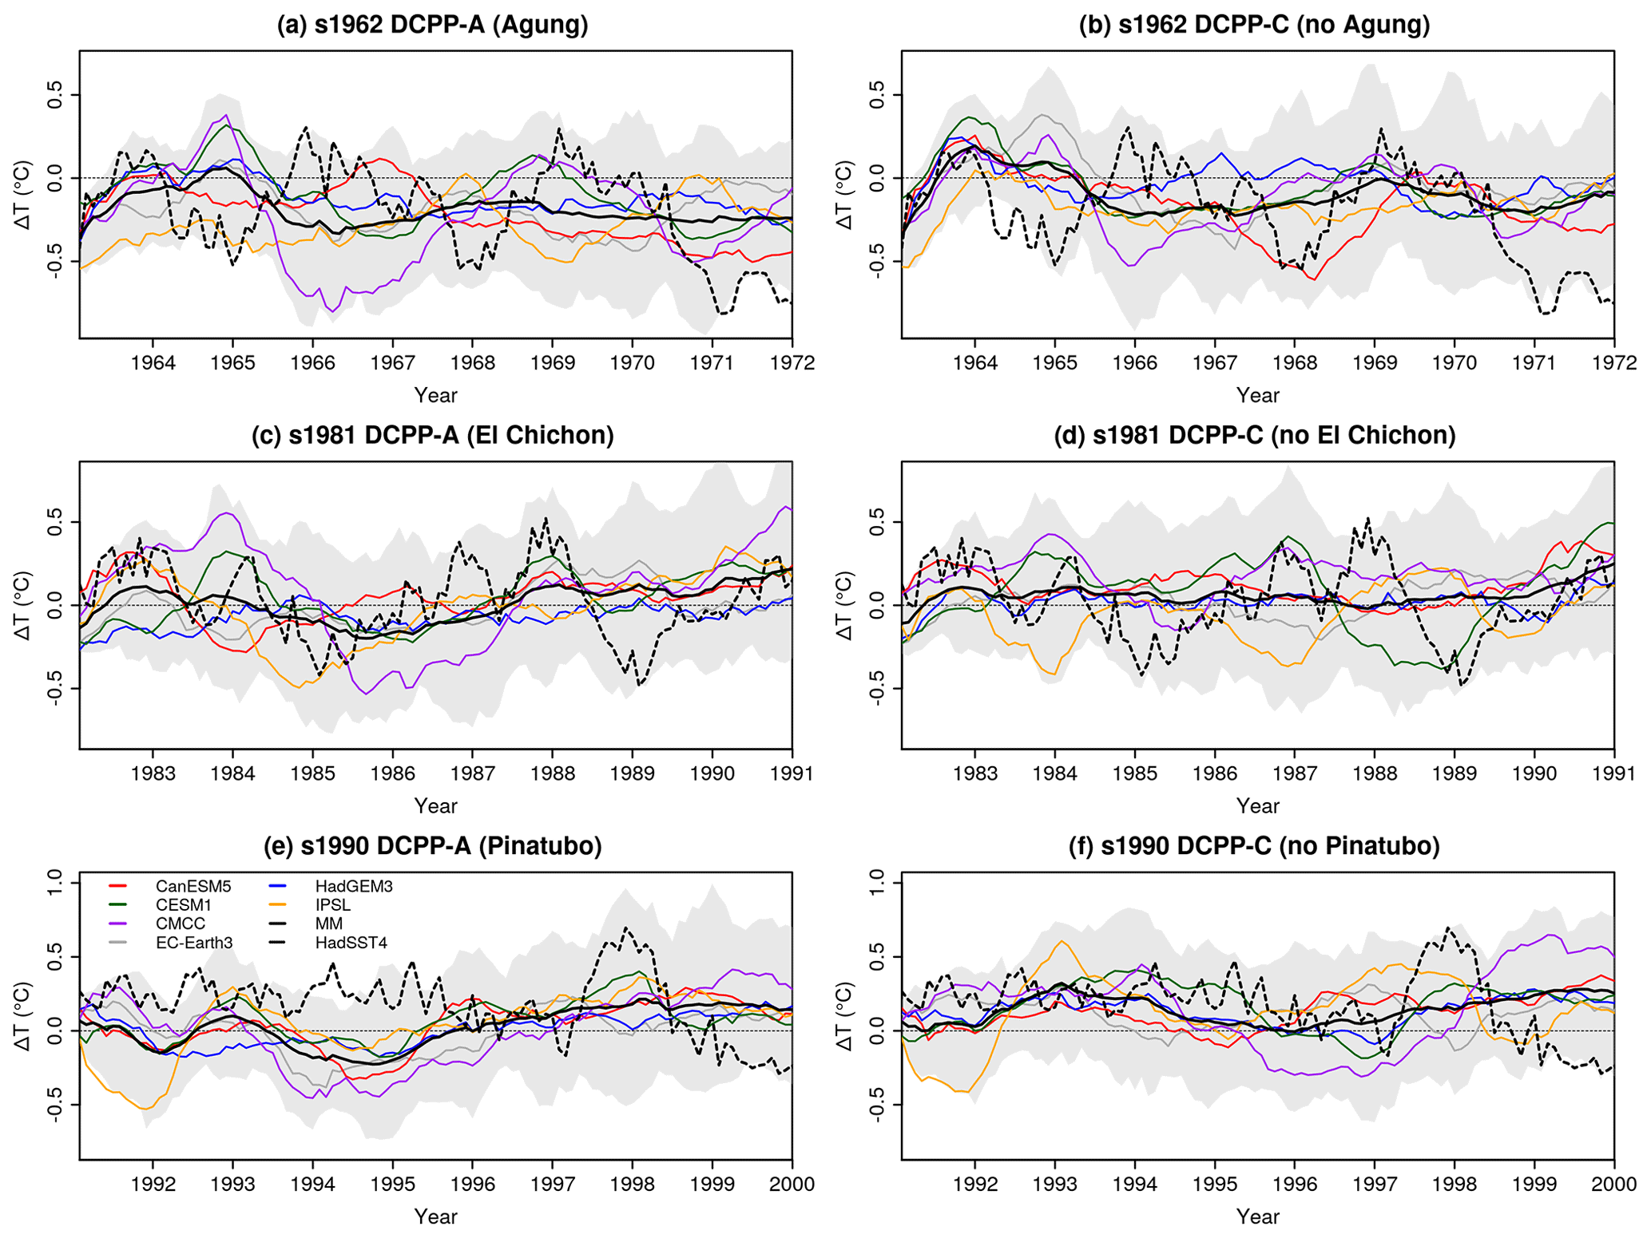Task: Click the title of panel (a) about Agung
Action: [x=432, y=26]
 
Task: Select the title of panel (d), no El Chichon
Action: [x=1254, y=436]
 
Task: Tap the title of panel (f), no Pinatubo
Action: [x=1254, y=846]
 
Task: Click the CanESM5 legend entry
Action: [x=192, y=886]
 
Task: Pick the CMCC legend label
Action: [x=181, y=924]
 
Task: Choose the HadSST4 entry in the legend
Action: [x=351, y=943]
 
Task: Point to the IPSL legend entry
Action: [x=332, y=905]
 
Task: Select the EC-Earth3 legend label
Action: [x=194, y=943]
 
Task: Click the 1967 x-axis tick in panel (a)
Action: [x=392, y=363]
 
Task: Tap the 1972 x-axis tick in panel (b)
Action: [x=1613, y=363]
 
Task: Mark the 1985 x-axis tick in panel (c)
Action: [x=312, y=773]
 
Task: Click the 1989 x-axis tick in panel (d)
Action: [x=1454, y=773]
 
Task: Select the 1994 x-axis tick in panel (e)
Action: [x=312, y=1184]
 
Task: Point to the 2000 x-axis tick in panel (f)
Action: [x=1613, y=1184]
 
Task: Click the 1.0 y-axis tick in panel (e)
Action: [x=55, y=883]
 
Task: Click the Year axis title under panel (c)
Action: [x=435, y=806]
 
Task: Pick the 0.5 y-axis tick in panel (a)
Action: [x=55, y=95]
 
